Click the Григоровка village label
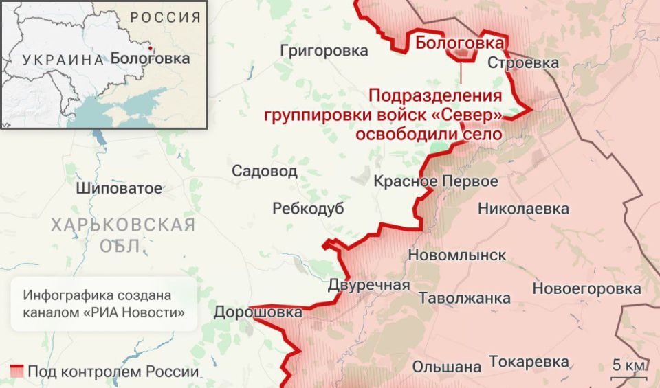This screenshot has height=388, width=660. [x=324, y=50]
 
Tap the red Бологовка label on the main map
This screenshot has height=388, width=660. [x=459, y=43]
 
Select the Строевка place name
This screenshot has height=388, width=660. [x=522, y=62]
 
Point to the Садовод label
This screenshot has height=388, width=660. [x=265, y=171]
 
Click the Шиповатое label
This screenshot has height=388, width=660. [x=120, y=187]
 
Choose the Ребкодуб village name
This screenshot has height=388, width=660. [x=308, y=209]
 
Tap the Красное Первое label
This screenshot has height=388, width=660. [x=436, y=182]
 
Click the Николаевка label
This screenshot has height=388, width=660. [x=524, y=208]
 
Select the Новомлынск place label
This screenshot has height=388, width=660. [x=457, y=255]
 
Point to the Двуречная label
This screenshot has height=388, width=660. [x=369, y=285]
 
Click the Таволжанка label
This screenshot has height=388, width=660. [x=465, y=298]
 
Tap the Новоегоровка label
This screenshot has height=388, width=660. [x=587, y=288]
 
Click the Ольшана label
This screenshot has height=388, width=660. [x=447, y=366]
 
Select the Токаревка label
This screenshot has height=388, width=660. [x=529, y=362]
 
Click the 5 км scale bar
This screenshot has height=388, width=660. [x=628, y=374]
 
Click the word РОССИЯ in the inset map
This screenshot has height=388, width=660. [x=166, y=17]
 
